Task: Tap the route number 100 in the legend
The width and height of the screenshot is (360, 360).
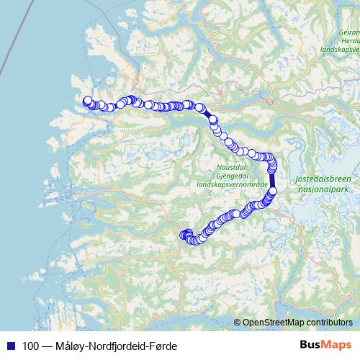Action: click(x=30, y=346)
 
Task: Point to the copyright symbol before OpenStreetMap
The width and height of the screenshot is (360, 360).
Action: click(x=238, y=323)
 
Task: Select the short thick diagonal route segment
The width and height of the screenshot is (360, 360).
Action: click(x=207, y=114)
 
